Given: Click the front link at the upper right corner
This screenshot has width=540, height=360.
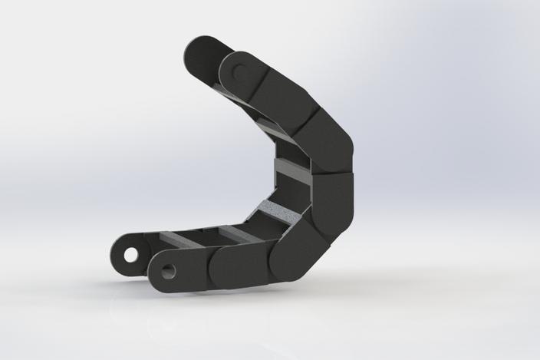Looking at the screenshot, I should pos(326,142).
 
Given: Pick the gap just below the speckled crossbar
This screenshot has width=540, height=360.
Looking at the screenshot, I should pos(265,222).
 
